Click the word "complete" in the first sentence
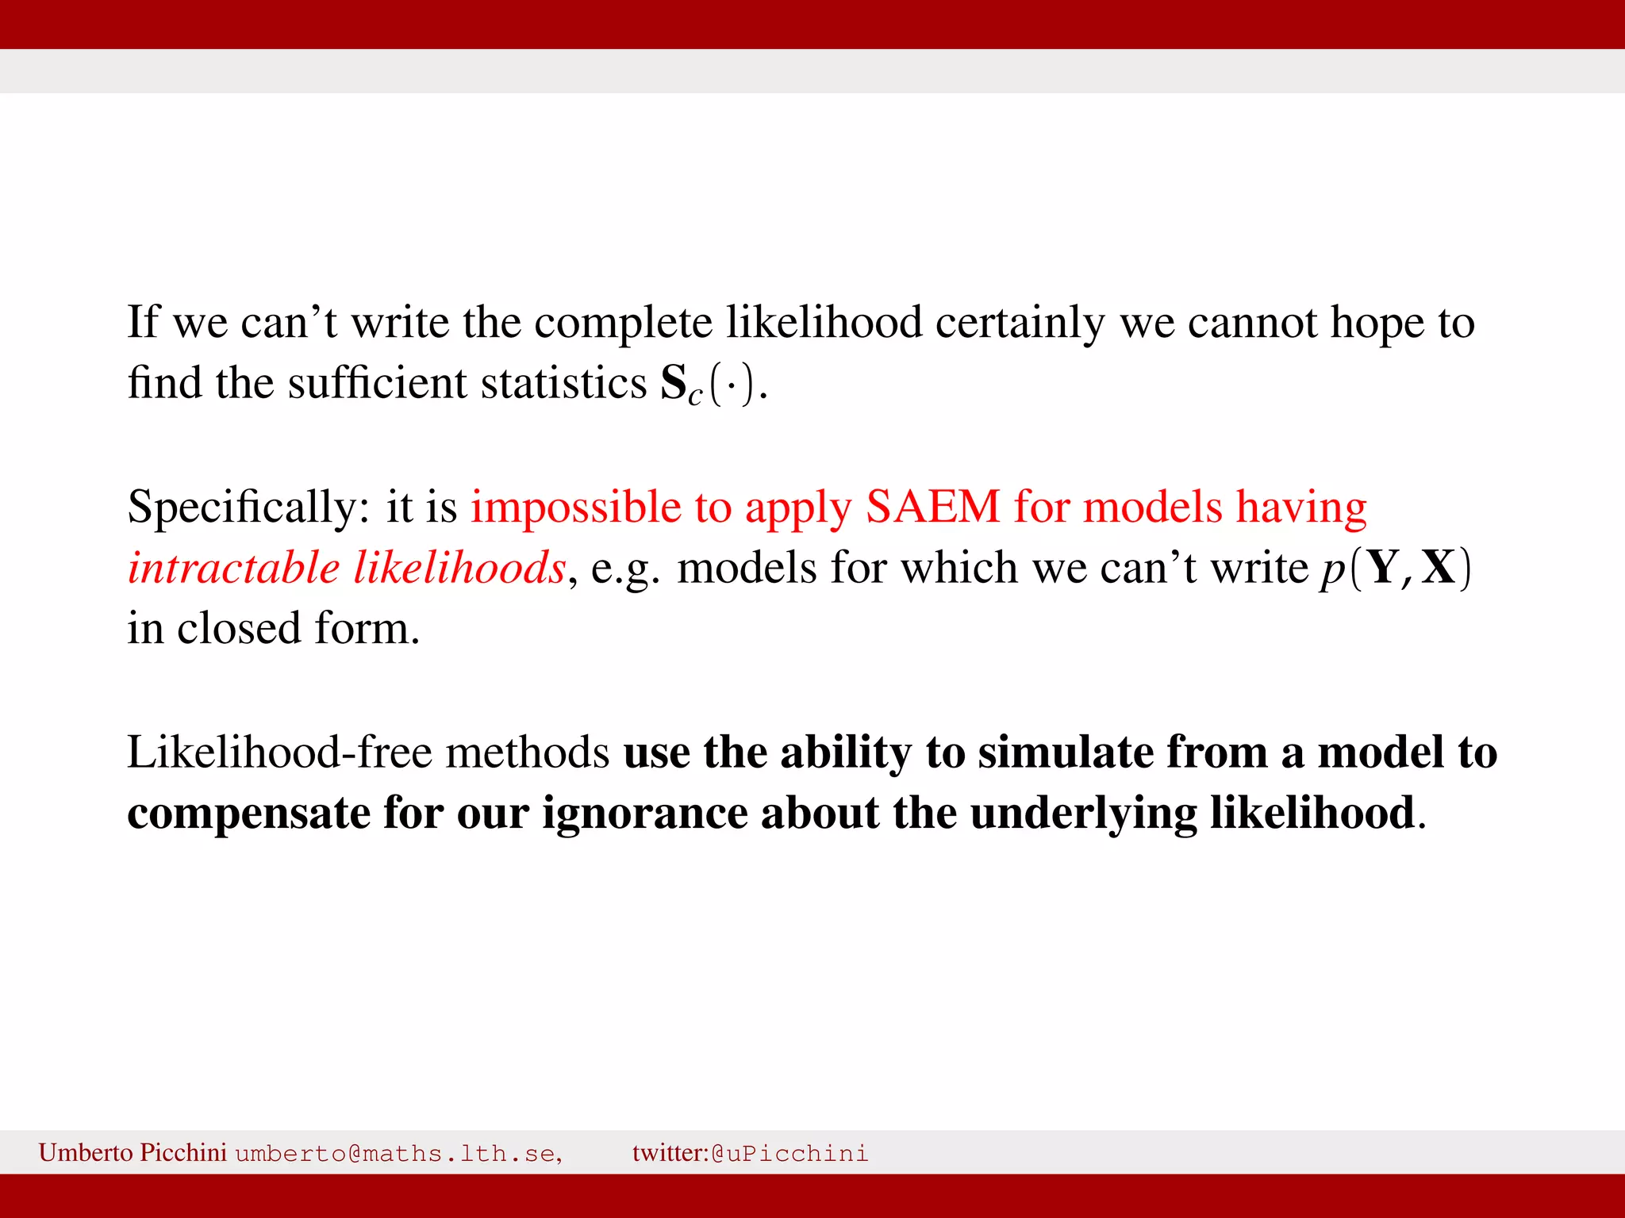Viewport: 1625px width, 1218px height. pos(623,323)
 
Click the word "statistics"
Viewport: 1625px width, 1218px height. pos(563,384)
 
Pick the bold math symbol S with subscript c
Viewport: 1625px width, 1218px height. pos(681,385)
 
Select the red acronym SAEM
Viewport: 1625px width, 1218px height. pos(932,507)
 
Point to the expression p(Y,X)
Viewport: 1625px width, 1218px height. pos(1395,569)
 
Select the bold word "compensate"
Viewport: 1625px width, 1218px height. pos(248,814)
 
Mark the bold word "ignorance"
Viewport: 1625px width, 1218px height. pos(644,814)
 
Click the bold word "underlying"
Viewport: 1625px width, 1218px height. pos(1083,814)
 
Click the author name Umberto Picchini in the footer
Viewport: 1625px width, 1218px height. pos(133,1152)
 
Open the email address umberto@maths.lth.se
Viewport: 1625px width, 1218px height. pos(398,1153)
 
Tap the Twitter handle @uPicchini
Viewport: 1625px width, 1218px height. pos(789,1153)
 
